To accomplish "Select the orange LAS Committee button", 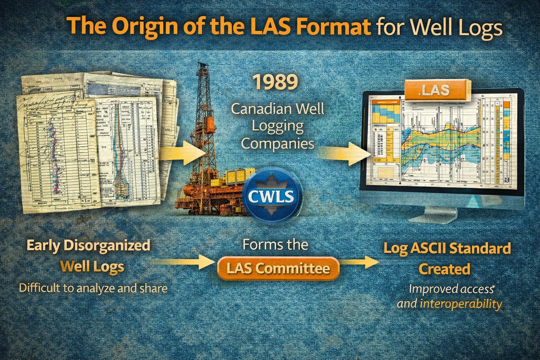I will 278,269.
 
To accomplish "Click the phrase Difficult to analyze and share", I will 93,288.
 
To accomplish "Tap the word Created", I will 444,269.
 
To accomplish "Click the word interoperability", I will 461,304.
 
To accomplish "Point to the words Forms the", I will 275,244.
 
